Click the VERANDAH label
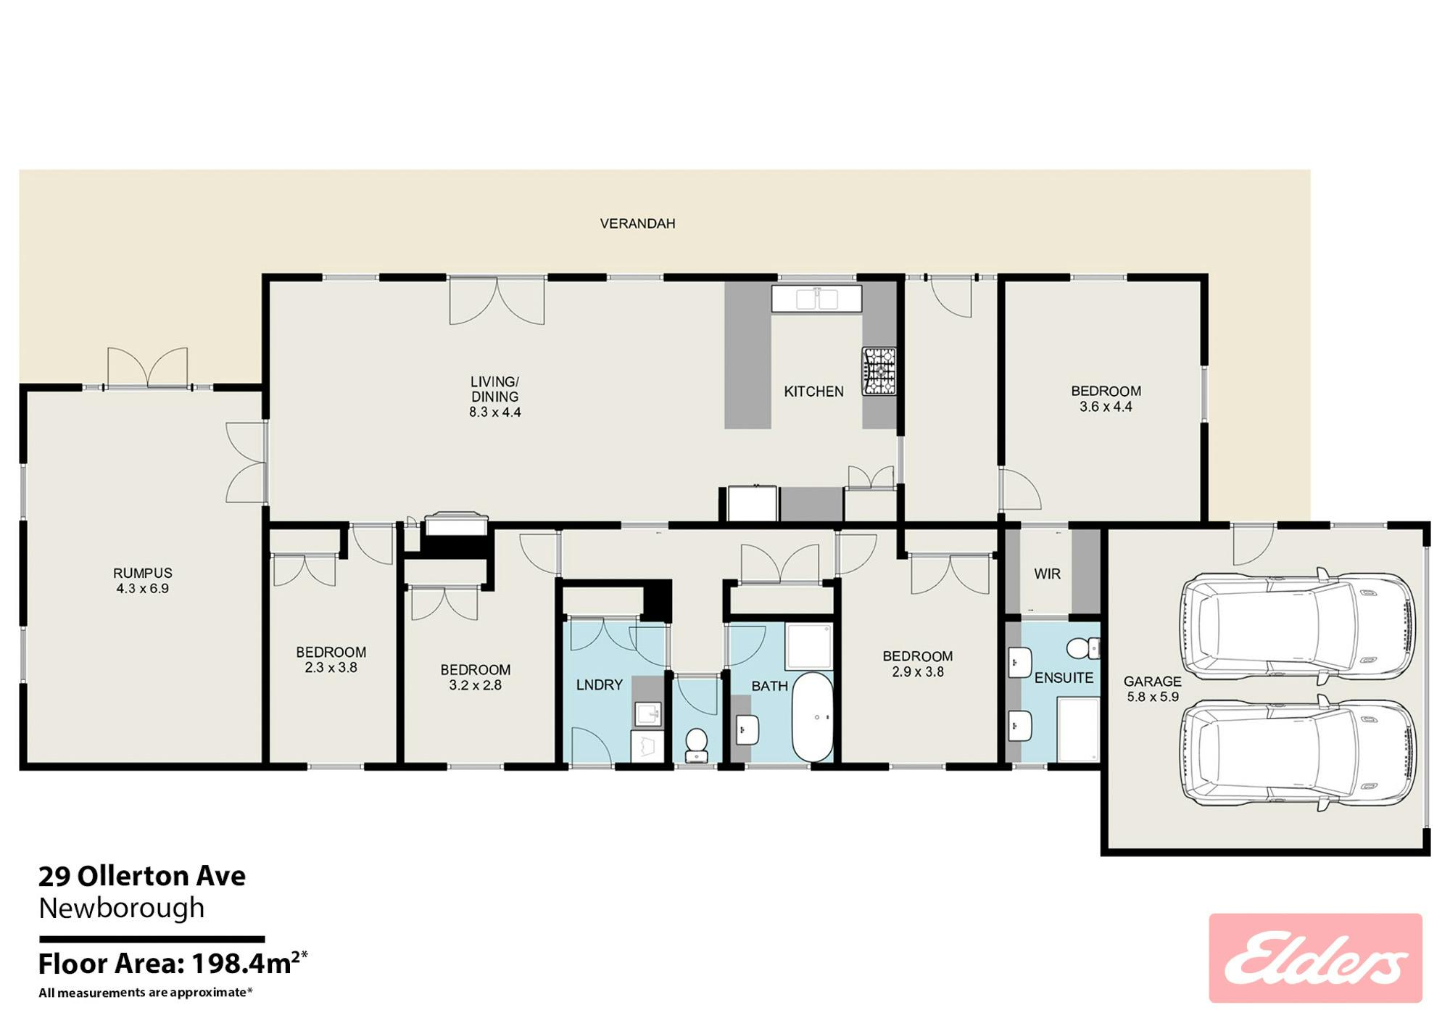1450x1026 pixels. click(x=637, y=223)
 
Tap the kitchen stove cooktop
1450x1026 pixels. click(x=879, y=371)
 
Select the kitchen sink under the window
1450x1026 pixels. click(x=816, y=299)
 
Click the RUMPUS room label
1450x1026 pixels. click(x=143, y=573)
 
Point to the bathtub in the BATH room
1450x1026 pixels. click(x=812, y=716)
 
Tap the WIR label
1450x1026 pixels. click(x=1047, y=574)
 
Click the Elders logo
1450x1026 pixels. click(x=1315, y=958)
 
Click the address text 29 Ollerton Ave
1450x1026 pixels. click(x=142, y=876)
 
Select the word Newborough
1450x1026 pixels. click(x=122, y=908)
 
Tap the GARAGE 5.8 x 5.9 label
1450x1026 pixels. click(x=1153, y=689)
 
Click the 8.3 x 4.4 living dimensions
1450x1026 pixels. click(x=495, y=412)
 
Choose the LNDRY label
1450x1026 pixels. click(x=600, y=684)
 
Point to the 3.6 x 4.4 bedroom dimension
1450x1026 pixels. click(x=1106, y=407)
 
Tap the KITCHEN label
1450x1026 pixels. click(x=813, y=392)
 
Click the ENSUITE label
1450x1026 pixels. click(x=1064, y=678)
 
